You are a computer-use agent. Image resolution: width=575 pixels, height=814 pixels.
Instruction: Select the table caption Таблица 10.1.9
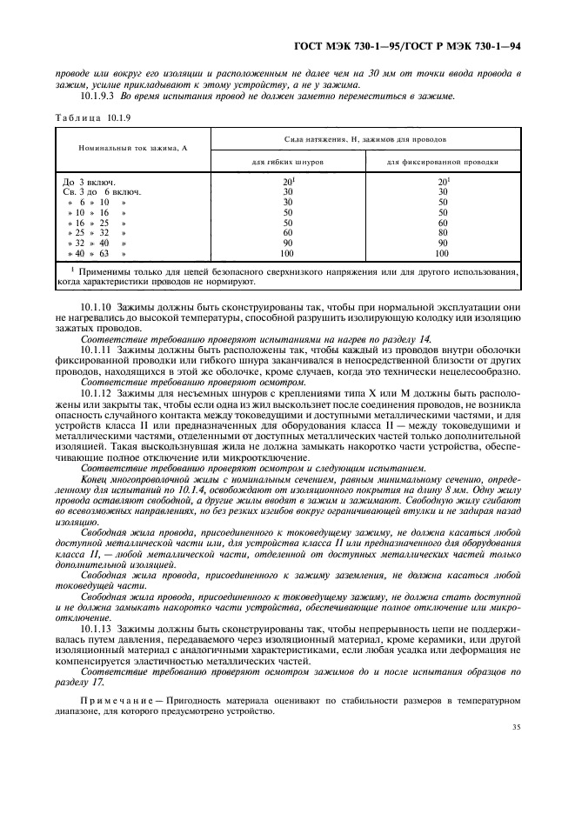90,117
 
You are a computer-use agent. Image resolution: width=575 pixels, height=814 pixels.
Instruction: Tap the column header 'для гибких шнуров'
286,162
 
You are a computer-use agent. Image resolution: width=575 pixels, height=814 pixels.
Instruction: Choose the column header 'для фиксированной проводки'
442,162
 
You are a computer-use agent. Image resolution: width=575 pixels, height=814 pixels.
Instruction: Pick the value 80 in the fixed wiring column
442,233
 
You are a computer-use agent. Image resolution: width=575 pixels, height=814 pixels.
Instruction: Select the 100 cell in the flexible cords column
286,253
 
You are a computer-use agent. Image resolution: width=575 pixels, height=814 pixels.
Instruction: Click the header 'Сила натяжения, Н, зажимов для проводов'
364,138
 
